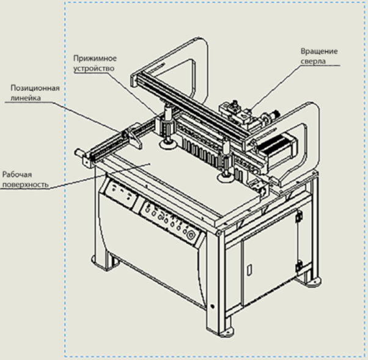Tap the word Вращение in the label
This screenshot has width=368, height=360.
coord(319,51)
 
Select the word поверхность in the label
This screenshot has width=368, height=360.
coord(25,184)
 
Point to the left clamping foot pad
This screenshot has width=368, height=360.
coord(166,144)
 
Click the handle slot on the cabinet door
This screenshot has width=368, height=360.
coord(249,269)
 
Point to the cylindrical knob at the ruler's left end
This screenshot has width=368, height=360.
coord(78,153)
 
